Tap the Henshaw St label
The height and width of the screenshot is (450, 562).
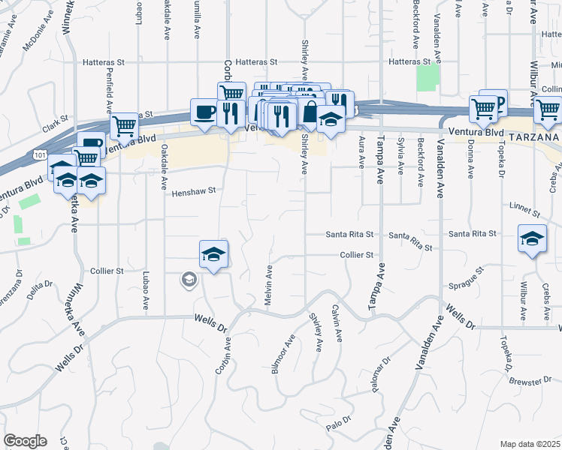point(194,191)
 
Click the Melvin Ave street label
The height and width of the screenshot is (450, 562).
point(268,283)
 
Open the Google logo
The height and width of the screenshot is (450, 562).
point(25,441)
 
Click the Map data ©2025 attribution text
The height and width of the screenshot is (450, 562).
point(530,444)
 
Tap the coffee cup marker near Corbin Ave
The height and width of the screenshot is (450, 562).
point(204,112)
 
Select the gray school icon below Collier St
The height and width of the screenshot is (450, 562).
point(188,280)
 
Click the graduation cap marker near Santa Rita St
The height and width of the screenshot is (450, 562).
point(532,240)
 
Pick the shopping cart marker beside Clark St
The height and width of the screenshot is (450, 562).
point(123,126)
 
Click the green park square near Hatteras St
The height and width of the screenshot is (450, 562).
point(428,77)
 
